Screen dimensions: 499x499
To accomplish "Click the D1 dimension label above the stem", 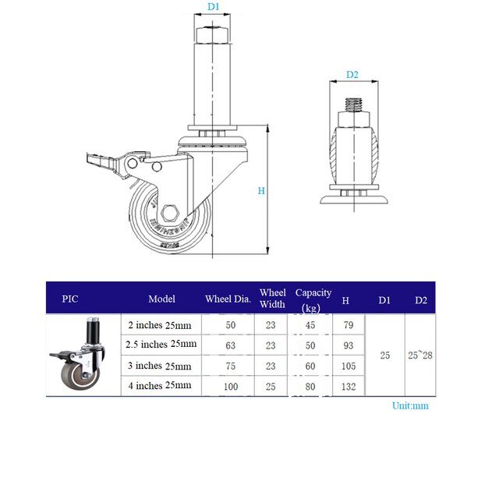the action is (x=213, y=7).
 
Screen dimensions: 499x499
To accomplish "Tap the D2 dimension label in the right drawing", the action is (x=352, y=75).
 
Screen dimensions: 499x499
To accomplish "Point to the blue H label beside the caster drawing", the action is (x=261, y=190).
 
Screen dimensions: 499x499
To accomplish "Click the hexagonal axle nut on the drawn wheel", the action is (x=170, y=213).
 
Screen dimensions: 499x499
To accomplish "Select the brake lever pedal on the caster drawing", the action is (x=102, y=161).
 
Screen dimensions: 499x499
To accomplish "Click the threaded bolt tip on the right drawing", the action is (x=353, y=104).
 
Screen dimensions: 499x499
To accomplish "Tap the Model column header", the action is (x=161, y=299).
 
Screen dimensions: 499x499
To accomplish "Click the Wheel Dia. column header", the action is (x=228, y=299).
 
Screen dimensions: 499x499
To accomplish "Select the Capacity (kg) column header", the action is (x=313, y=299).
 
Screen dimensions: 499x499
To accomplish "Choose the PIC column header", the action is (x=70, y=299).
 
